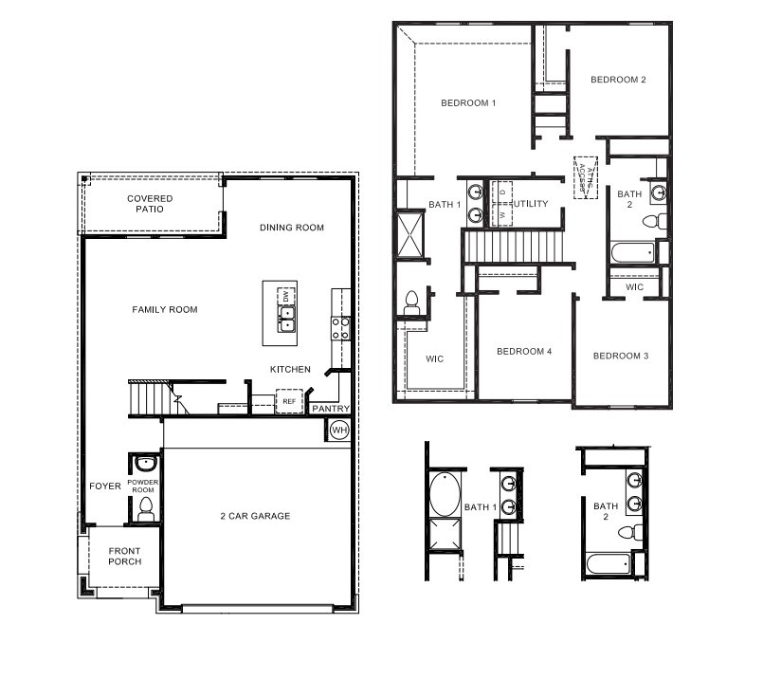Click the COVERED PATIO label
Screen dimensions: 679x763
tap(150, 203)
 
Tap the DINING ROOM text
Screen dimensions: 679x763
tap(292, 228)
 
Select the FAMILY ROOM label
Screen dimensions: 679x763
tap(165, 309)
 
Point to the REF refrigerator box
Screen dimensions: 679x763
tap(289, 402)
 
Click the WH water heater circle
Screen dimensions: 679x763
tap(338, 431)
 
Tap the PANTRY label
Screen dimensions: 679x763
tap(331, 409)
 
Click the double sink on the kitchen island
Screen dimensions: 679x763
tap(285, 318)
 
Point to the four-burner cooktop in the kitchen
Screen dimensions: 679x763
tap(339, 328)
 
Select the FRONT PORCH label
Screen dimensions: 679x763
tap(124, 556)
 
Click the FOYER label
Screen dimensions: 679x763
tap(105, 486)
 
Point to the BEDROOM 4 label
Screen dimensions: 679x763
tap(524, 352)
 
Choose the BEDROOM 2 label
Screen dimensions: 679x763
tap(618, 80)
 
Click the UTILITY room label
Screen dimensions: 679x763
tap(531, 204)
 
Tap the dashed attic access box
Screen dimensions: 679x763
tap(584, 177)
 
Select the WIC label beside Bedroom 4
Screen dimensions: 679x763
tap(434, 358)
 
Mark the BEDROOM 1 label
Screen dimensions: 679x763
tap(468, 102)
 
